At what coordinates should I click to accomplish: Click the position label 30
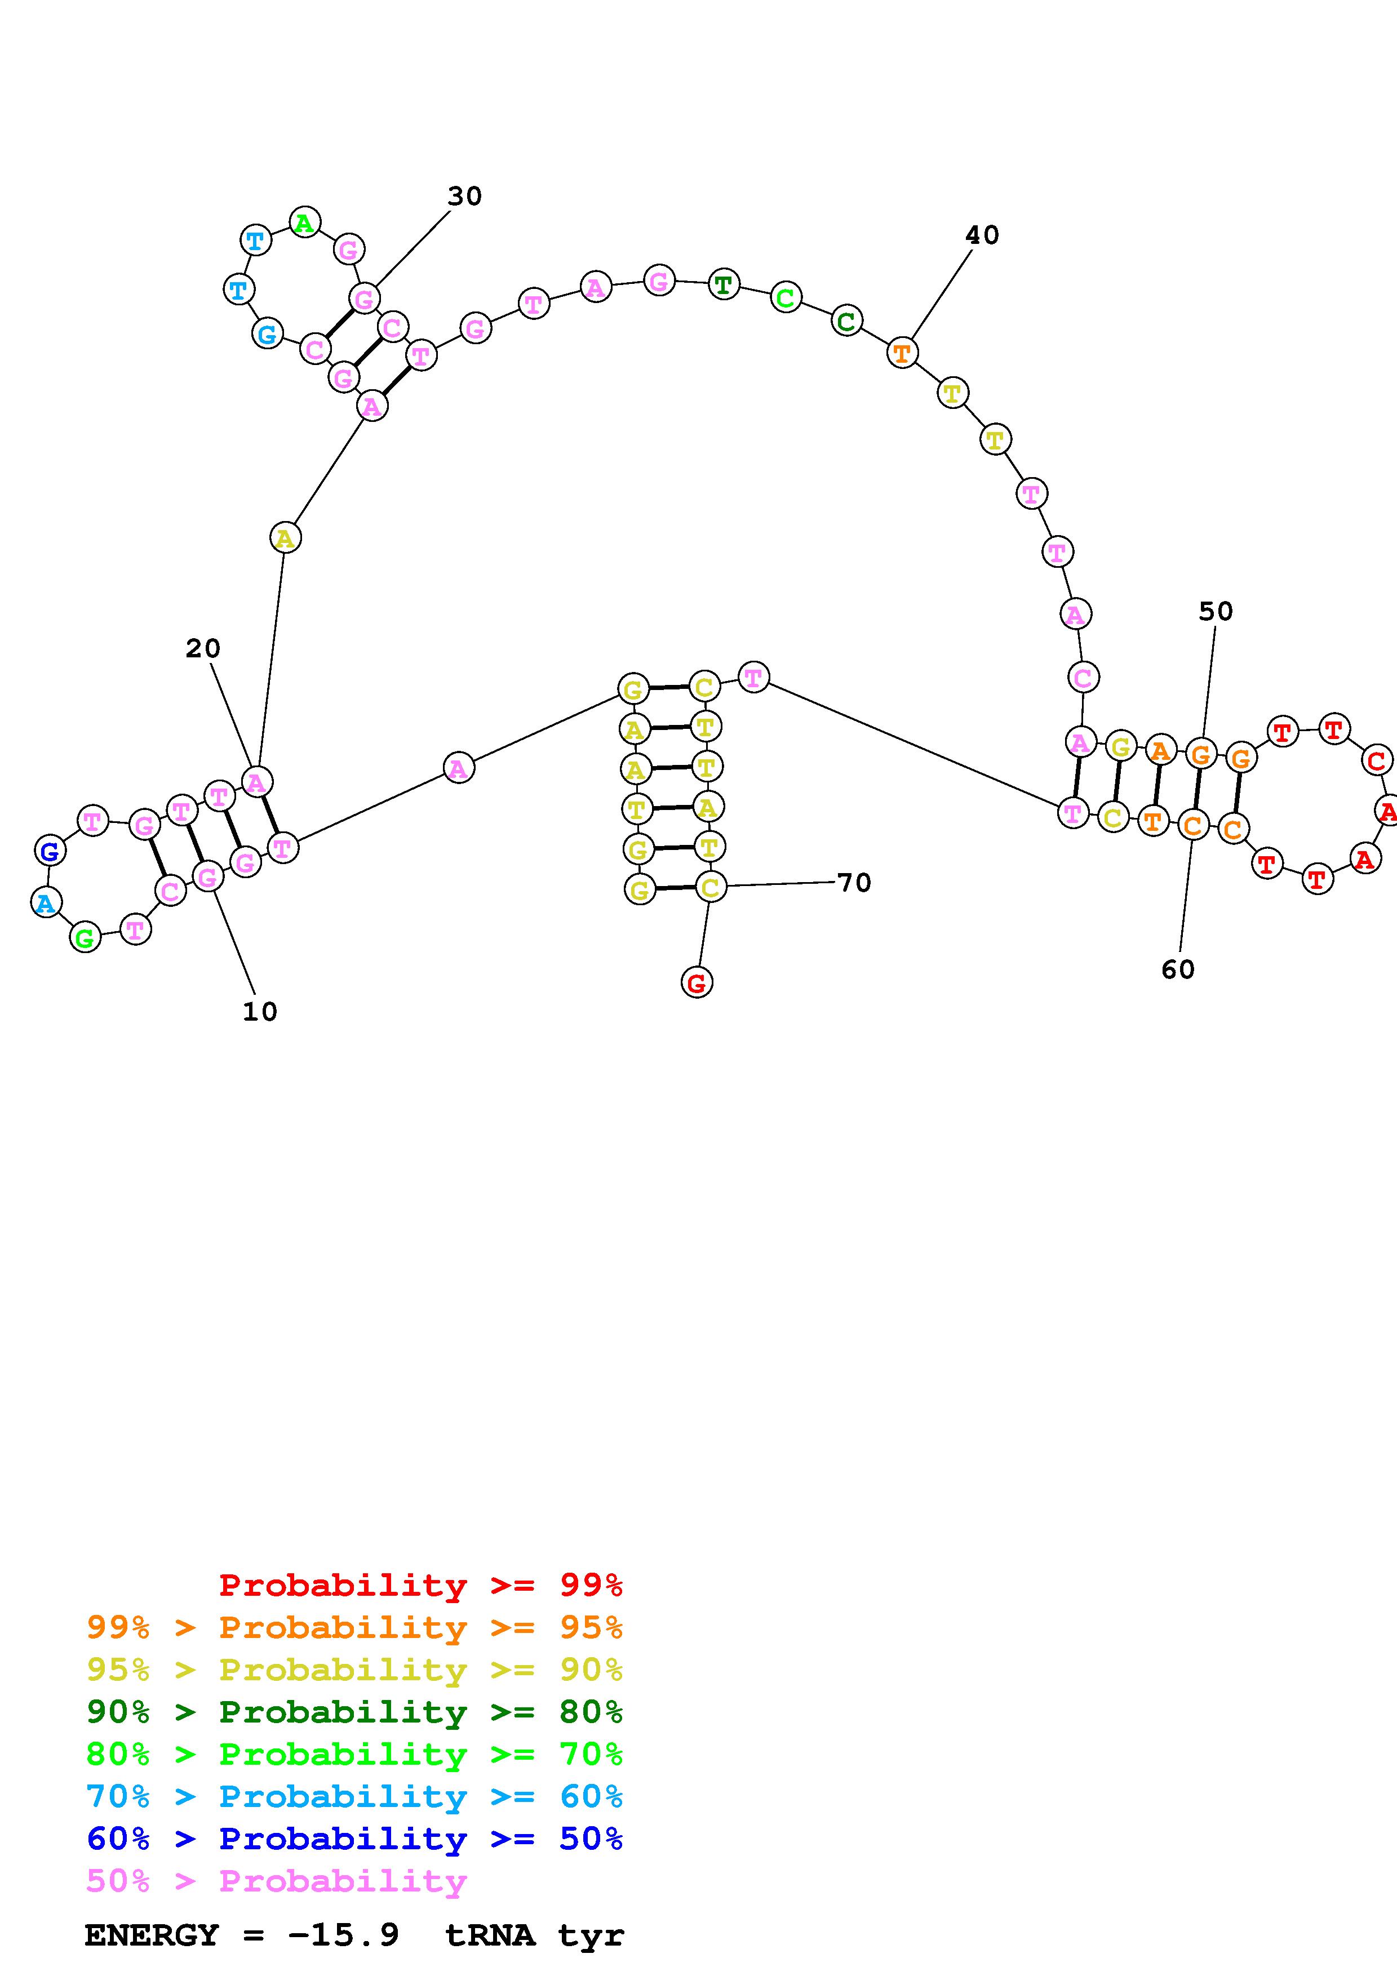tap(464, 196)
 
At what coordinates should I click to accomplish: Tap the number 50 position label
tap(1216, 611)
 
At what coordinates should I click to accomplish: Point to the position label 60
tap(1178, 970)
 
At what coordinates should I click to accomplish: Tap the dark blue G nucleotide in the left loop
tap(50, 851)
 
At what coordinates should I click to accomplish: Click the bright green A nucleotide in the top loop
tap(304, 223)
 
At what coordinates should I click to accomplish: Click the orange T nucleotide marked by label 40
tap(901, 352)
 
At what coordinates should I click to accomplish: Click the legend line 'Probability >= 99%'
tap(420, 1585)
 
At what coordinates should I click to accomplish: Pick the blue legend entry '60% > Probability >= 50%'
tap(354, 1839)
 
